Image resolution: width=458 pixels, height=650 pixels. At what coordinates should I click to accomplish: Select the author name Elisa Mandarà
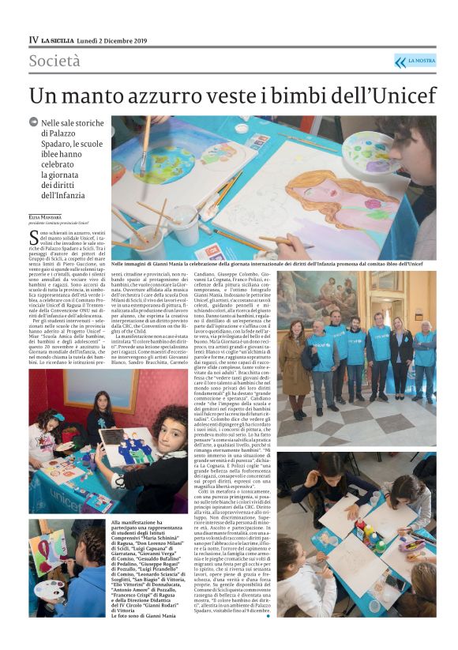point(46,217)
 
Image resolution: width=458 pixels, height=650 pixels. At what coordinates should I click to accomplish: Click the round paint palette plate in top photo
point(365,151)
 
